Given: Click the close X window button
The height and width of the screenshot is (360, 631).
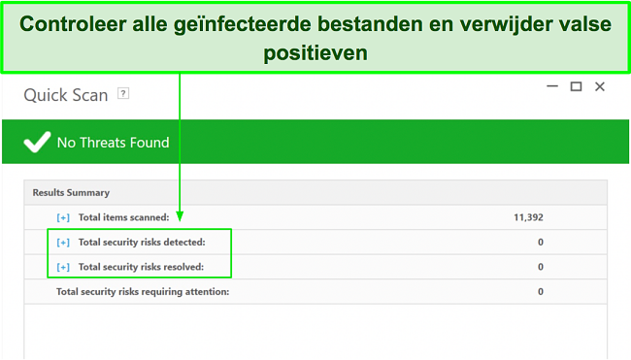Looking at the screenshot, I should tap(600, 86).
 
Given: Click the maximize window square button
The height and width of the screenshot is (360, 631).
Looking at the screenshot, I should tap(576, 86).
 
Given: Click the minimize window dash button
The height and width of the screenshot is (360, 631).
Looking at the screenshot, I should tap(549, 86).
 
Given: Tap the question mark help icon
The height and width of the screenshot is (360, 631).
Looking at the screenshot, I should tap(123, 94).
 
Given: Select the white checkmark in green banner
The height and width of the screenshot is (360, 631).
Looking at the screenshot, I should tap(36, 143).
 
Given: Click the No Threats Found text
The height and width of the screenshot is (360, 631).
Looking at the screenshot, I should tap(113, 143).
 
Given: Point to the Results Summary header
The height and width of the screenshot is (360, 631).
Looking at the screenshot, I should tap(71, 192).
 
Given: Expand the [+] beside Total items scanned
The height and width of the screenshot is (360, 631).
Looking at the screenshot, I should tap(63, 217).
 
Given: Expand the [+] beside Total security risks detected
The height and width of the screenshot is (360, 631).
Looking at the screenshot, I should tap(63, 242).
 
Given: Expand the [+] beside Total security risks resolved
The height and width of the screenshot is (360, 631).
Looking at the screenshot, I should tap(63, 267).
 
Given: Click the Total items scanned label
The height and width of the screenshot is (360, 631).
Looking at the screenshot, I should tap(123, 217).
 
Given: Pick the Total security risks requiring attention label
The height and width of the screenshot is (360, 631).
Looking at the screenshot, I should tap(143, 291).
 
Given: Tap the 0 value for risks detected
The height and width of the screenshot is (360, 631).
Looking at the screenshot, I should tap(540, 242).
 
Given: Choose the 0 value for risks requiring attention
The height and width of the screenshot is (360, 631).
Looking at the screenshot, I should tap(540, 291).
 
